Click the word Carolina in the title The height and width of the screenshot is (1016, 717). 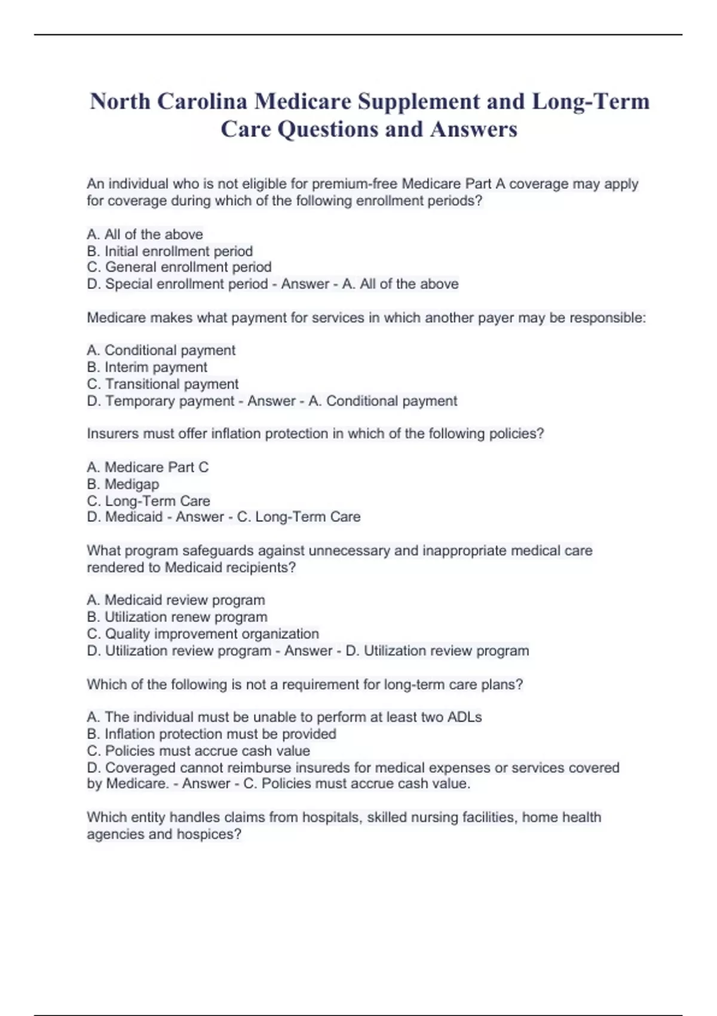click(202, 102)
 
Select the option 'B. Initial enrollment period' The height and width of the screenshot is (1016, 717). click(170, 251)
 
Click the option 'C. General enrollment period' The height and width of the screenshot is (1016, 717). click(179, 267)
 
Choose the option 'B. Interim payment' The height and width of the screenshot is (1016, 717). click(147, 367)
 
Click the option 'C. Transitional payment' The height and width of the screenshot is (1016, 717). click(163, 384)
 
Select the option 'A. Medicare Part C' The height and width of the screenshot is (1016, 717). click(148, 467)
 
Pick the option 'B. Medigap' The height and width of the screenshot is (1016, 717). click(123, 484)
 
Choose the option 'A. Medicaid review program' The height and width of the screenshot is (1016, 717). click(176, 599)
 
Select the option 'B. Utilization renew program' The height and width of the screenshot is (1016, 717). click(177, 617)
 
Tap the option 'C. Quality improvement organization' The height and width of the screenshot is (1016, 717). click(203, 634)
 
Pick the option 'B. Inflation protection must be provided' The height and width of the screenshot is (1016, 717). click(212, 733)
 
